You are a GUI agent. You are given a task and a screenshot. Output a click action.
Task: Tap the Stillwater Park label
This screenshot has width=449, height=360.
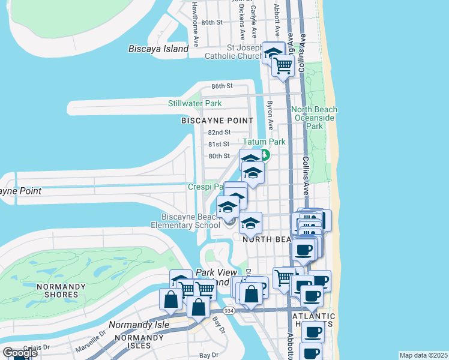pyautogui.click(x=194, y=103)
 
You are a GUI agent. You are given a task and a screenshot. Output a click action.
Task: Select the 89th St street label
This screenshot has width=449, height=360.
pyautogui.click(x=212, y=22)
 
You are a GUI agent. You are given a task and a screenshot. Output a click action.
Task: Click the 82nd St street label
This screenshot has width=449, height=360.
pyautogui.click(x=219, y=132)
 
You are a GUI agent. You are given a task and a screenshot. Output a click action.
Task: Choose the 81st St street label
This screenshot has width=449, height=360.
pyautogui.click(x=219, y=144)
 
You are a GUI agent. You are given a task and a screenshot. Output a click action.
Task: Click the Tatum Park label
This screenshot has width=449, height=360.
pyautogui.click(x=264, y=142)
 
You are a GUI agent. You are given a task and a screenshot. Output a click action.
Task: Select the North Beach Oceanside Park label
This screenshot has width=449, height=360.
pyautogui.click(x=315, y=118)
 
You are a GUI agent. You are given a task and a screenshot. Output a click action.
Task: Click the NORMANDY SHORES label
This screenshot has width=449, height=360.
pyautogui.click(x=65, y=290)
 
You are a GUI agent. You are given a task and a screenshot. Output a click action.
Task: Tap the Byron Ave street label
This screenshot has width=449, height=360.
pyautogui.click(x=270, y=115)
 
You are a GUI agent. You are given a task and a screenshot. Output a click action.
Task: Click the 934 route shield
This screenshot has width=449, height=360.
pyautogui.click(x=228, y=311)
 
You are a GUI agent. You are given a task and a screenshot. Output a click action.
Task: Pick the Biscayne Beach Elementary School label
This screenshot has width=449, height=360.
pyautogui.click(x=190, y=221)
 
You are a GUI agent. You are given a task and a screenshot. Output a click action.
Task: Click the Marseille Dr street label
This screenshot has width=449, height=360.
pyautogui.click(x=91, y=344)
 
